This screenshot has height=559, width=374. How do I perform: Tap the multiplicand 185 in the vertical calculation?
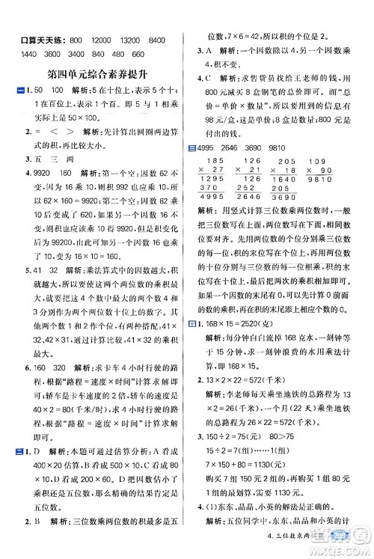pos(214,161)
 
